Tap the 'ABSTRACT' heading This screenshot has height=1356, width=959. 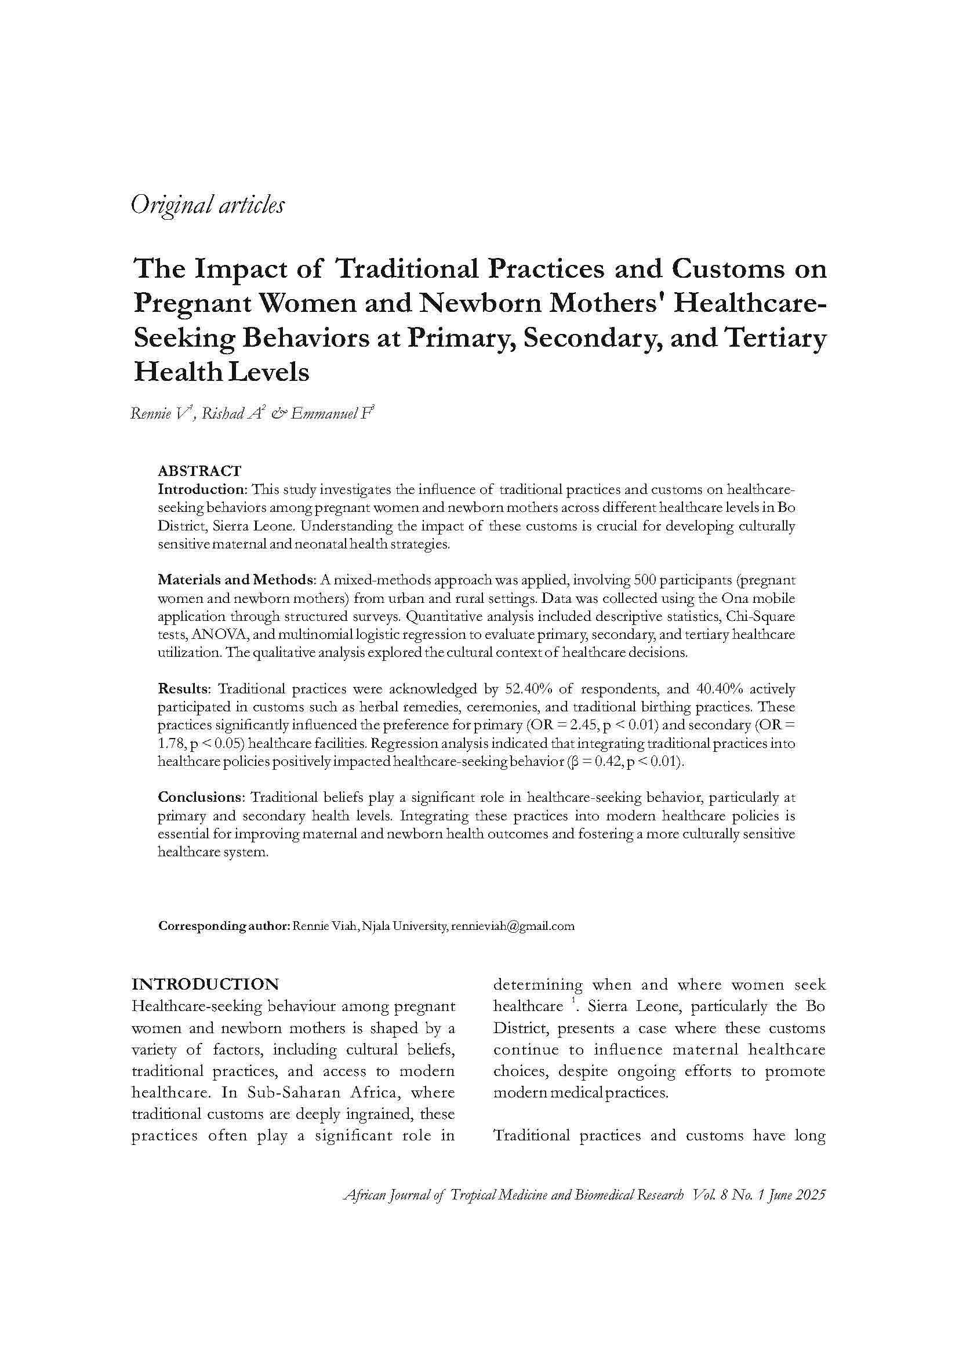(199, 471)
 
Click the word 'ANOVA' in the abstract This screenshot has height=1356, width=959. (219, 634)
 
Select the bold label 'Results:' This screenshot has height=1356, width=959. (184, 689)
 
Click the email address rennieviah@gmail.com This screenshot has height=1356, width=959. (512, 926)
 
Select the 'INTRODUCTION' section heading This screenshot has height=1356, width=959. (205, 984)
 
